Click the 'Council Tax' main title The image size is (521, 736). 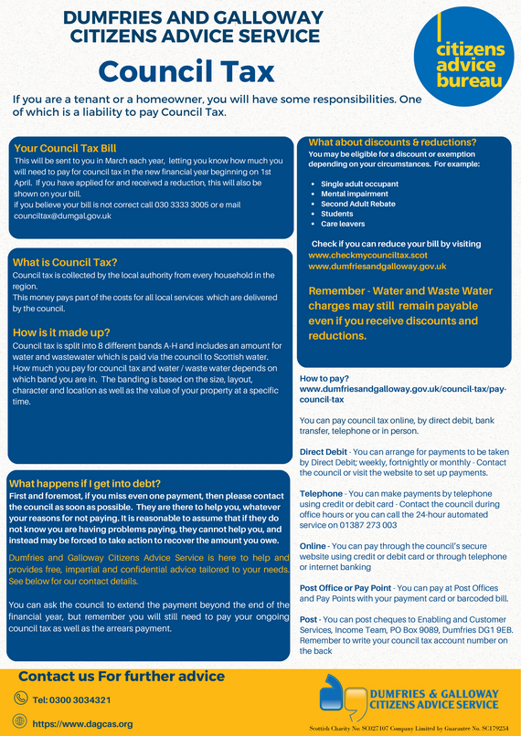tap(186, 70)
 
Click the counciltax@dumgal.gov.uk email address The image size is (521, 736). tap(62, 216)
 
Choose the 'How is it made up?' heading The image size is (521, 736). tap(61, 332)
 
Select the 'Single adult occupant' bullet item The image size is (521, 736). tap(360, 184)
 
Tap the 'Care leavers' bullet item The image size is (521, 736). tap(343, 224)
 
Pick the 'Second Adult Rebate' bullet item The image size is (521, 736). tap(357, 204)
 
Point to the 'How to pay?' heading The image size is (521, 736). tap(322, 378)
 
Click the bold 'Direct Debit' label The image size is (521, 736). tap(324, 452)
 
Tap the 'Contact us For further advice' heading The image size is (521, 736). tap(122, 677)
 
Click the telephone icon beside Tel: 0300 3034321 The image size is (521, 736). tap(21, 699)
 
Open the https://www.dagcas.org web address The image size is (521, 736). tap(82, 723)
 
